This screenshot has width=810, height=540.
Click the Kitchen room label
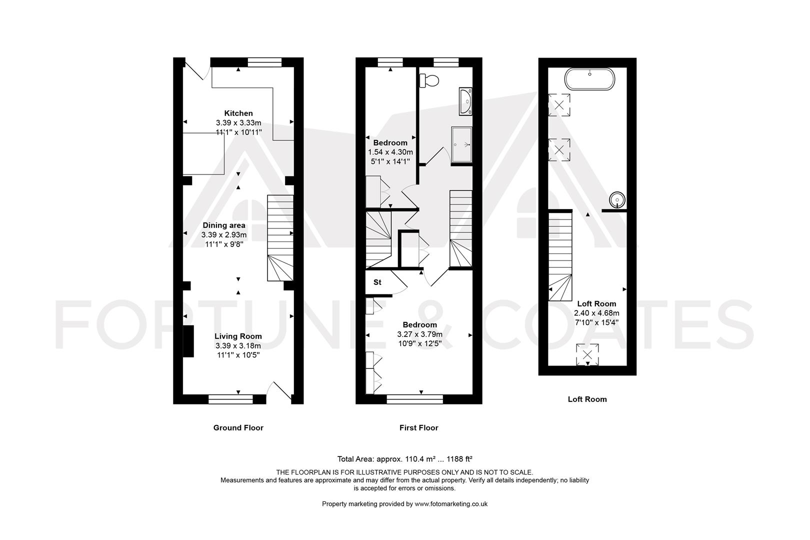238,113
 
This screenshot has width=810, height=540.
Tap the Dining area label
223,225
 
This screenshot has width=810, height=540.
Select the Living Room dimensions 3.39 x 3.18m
237,345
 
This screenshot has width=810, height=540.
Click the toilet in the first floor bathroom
429,79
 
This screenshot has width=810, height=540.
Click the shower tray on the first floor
461,144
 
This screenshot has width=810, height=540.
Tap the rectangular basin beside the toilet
464,101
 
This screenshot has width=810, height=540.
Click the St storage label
377,282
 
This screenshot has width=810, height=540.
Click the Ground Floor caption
238,427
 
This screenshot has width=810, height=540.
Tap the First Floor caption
418,427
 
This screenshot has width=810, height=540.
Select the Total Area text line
405,459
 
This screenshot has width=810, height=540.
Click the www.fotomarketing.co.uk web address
451,504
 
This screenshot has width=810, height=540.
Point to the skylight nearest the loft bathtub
559,105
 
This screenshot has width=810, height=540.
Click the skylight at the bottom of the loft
587,355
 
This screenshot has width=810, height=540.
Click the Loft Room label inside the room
596,303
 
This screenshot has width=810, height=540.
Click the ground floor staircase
280,237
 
